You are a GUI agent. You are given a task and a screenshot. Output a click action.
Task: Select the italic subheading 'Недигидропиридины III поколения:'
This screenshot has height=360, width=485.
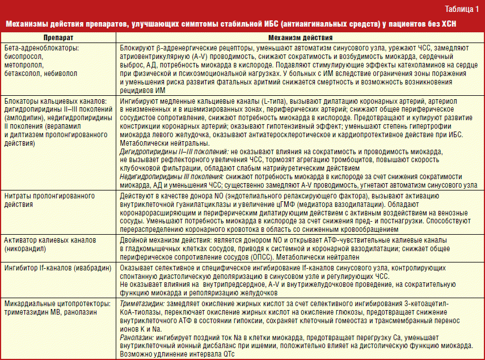172,176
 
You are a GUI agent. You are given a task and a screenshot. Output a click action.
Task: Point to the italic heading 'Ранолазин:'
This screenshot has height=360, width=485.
136,336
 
